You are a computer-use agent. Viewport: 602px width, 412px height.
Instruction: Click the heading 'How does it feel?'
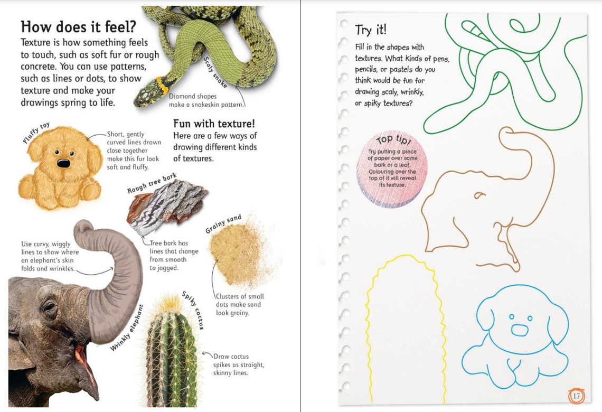[78, 26]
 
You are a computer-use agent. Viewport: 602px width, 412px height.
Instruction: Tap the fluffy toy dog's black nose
[63, 163]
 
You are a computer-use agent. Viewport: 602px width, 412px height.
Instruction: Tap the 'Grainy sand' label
[223, 224]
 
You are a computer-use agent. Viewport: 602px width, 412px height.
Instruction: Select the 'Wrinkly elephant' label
[127, 328]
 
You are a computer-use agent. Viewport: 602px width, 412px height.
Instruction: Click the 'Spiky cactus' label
[193, 311]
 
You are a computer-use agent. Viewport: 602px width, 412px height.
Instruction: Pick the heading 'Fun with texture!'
[214, 124]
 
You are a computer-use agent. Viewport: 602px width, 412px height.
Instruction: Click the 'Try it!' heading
[371, 29]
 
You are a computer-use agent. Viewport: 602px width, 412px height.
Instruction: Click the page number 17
[576, 396]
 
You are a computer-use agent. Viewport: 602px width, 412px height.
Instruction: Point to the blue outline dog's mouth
[520, 330]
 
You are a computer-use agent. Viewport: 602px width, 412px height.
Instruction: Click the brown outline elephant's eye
[479, 195]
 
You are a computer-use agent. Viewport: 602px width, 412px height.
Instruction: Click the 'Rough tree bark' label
[152, 183]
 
